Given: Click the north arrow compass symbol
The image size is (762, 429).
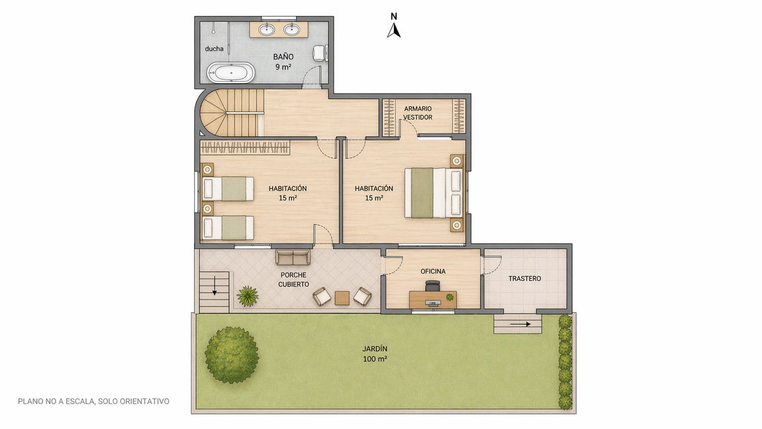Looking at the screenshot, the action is point(394,30).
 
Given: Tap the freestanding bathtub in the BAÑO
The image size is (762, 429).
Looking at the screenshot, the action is point(231,73).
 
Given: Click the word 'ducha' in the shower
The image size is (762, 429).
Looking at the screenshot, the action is point(214,49).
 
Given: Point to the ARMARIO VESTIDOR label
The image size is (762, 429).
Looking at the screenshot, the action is point(418,113).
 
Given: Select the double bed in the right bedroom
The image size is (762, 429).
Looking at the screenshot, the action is point(434,193).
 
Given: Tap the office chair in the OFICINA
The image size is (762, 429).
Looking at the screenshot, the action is point(432,286).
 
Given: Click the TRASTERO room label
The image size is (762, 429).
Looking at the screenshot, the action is point(525,279).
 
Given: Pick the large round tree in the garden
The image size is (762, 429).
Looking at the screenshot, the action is point(232,355).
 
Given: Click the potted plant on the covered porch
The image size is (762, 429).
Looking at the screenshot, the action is point(248,295).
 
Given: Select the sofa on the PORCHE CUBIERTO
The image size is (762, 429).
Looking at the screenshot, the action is point(293,257).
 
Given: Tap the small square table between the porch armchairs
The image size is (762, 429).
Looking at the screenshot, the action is point(342,298).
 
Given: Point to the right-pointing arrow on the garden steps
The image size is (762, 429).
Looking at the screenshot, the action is point(520,324).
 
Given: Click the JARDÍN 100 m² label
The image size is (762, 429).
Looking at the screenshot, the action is point(374,354).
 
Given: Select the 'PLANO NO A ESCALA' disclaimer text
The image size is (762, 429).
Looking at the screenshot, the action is point(93,402).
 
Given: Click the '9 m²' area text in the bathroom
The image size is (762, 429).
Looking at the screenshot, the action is point(283,67).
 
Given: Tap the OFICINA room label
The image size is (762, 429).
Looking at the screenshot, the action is point(433,271).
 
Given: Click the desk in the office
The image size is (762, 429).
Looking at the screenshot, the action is point(433,299).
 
